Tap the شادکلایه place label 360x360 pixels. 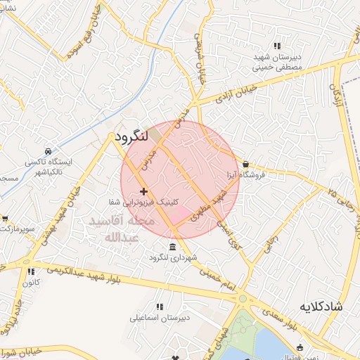(x=320, y=307)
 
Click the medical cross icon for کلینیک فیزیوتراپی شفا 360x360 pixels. (x=143, y=191)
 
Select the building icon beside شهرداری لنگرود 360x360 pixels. (x=173, y=245)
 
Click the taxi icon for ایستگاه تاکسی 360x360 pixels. (x=47, y=151)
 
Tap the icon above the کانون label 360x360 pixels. (x=30, y=271)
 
